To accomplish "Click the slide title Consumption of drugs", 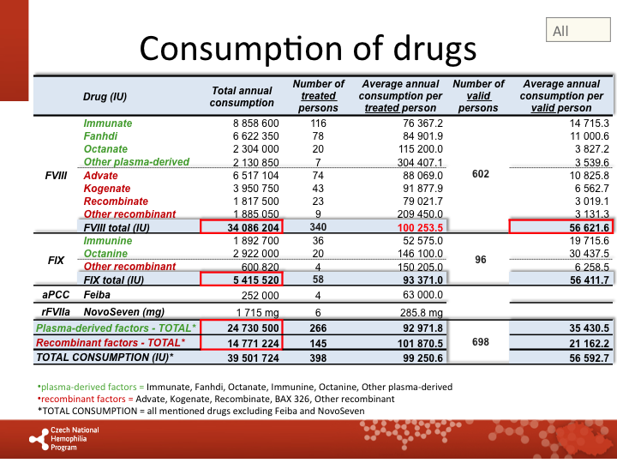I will [x=308, y=47].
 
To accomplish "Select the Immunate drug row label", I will [x=108, y=123].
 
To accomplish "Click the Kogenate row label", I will [x=108, y=188].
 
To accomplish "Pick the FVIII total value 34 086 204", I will [x=243, y=227].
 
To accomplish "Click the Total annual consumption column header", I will [x=242, y=96].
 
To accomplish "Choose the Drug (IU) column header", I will [x=105, y=97].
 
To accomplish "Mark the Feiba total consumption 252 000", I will [x=255, y=295].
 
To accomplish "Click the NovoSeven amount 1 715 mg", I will [x=255, y=313].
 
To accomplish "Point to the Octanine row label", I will [x=107, y=255].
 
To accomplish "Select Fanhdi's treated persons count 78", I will [x=318, y=136].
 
